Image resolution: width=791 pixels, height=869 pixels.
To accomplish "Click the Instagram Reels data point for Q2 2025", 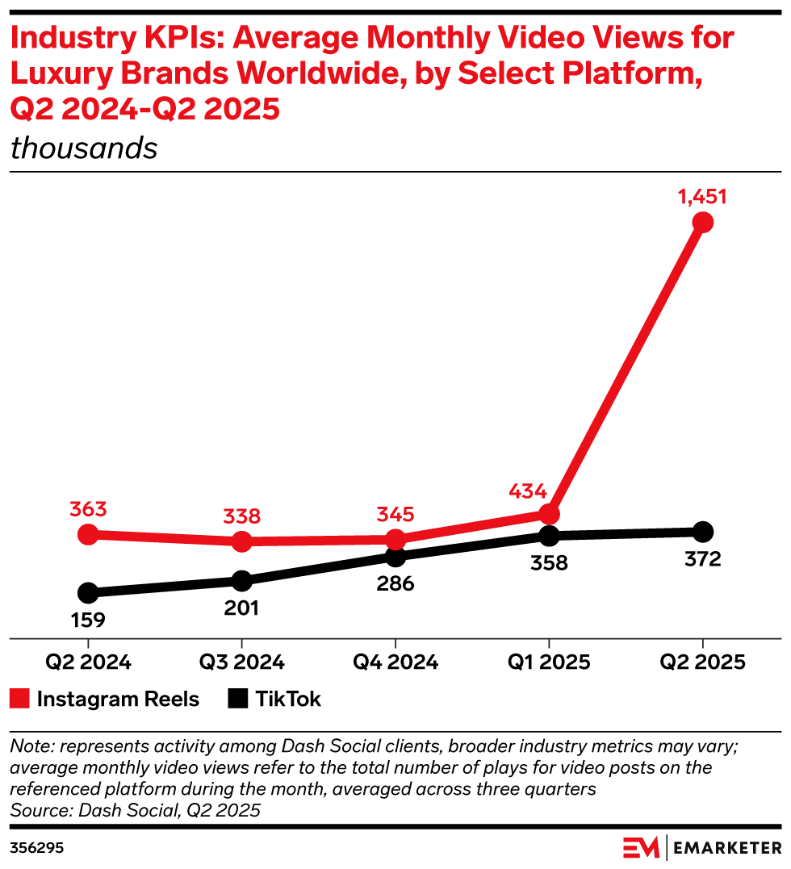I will point(702,222).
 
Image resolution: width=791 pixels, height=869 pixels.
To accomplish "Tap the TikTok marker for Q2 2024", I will point(88,593).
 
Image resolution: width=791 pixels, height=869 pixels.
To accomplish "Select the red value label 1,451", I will point(702,198).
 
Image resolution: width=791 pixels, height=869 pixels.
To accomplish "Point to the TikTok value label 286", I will point(395,583).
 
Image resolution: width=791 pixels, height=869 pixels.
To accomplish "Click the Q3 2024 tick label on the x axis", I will point(242,662).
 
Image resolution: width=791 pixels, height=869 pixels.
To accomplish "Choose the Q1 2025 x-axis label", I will point(549,662).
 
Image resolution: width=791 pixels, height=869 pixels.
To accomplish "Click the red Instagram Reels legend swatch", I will point(20,699).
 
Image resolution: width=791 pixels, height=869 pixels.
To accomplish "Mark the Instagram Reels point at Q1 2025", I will point(549,514).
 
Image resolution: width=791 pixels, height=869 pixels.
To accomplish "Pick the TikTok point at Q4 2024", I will point(395,556).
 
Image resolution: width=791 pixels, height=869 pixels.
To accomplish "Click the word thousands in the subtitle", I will point(84,148).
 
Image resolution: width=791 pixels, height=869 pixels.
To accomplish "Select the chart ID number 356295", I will point(37,848).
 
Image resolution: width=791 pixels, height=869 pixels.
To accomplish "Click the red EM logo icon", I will point(642,848).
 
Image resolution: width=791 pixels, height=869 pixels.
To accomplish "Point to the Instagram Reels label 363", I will point(88,510).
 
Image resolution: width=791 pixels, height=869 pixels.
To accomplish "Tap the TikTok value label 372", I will point(702,558).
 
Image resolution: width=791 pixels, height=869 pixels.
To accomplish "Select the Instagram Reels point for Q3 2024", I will point(242,541).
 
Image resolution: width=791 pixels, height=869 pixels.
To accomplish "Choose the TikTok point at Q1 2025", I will point(549,535).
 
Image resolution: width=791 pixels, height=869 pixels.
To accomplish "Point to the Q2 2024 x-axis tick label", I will point(88,662).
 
